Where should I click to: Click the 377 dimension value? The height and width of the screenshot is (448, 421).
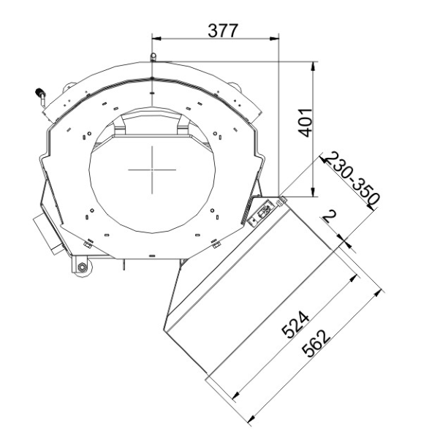[x=223, y=31]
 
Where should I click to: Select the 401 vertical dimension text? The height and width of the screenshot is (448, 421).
[x=305, y=123]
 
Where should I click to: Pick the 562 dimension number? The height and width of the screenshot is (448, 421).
[x=316, y=343]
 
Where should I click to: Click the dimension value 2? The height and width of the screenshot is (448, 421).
[x=329, y=216]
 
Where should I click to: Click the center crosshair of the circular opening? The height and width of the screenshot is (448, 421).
[x=152, y=170]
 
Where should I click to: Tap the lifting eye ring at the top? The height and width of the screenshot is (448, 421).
[x=153, y=56]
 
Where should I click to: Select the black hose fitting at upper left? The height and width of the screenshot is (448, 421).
[x=39, y=93]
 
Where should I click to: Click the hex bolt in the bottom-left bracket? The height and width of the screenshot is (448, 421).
[x=82, y=267]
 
